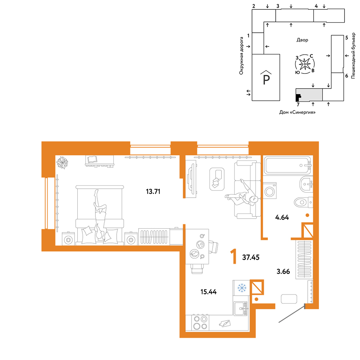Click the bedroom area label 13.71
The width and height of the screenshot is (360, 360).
point(153,191)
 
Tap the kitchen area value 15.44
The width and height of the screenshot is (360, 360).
point(208,292)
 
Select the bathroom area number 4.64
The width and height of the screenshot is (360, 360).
point(282,217)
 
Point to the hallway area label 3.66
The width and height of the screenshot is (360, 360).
point(283,271)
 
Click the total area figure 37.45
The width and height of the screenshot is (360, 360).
point(251,257)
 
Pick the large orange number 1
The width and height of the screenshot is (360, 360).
point(234,257)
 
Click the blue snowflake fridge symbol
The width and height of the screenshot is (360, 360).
point(242,288)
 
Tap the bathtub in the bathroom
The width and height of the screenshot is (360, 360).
point(288,165)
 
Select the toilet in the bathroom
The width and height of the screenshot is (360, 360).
point(303,202)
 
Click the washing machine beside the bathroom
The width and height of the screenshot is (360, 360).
point(270,190)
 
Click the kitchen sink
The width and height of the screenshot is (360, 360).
point(240,309)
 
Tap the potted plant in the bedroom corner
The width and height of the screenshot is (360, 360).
point(62,162)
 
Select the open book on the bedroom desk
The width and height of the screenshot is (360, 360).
point(92,159)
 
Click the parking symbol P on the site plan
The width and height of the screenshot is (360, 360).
point(266,78)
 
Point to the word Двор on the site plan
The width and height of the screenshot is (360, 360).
point(302,40)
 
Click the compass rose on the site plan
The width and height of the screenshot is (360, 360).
point(305,64)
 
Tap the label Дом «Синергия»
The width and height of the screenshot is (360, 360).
point(297,112)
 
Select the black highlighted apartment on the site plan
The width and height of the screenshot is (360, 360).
point(298,97)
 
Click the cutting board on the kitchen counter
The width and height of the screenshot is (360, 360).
point(224,323)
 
